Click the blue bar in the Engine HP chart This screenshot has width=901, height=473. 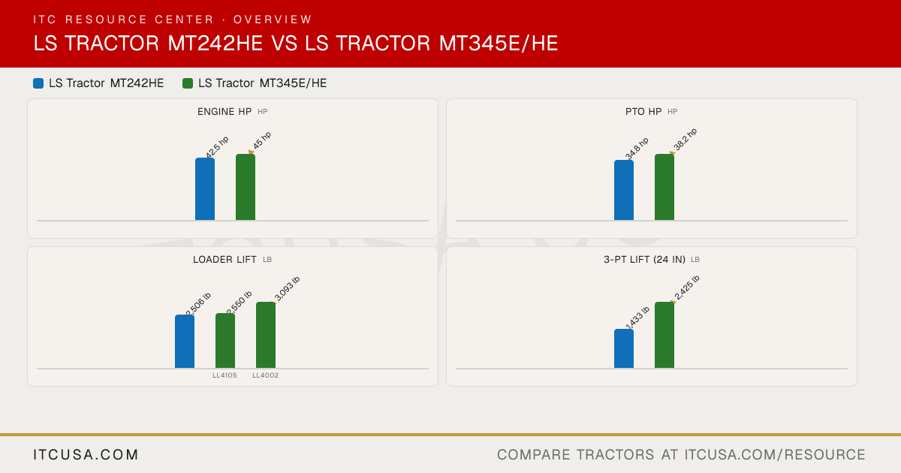click(205, 189)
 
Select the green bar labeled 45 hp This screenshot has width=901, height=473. click(246, 187)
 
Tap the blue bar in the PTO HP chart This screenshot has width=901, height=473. click(624, 190)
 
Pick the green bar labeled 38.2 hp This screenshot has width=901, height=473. click(664, 187)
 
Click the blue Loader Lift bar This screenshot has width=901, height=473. click(185, 342)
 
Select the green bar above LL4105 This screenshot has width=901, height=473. click(225, 341)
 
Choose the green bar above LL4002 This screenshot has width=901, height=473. click(266, 335)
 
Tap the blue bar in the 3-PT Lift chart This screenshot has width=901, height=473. click(624, 348)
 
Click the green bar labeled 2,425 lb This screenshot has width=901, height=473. click(664, 335)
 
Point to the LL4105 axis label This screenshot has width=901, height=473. click(224, 375)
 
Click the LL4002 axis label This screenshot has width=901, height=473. click(266, 375)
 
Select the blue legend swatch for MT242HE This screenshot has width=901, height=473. click(38, 83)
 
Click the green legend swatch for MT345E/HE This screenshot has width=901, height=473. click(188, 83)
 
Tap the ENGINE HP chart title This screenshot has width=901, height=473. click(224, 111)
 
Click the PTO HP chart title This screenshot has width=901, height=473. click(643, 111)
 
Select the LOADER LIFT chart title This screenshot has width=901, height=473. click(224, 260)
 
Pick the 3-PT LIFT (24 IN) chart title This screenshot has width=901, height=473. click(644, 260)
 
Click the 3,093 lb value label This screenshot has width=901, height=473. click(287, 289)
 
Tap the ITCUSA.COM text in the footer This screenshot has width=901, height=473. click(86, 454)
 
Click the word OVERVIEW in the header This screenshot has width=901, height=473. click(273, 20)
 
